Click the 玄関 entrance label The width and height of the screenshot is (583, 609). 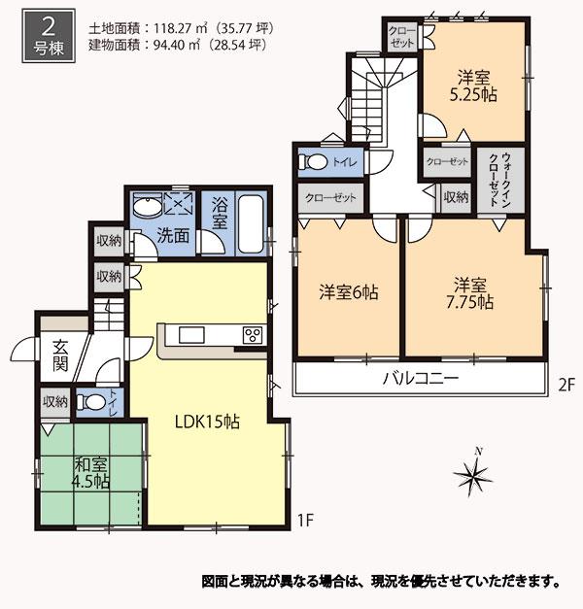pos(60,355)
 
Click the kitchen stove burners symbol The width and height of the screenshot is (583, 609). pos(253,336)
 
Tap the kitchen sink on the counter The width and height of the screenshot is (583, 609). pos(190,336)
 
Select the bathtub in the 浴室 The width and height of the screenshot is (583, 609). pos(250,225)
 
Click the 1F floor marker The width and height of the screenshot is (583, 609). pos(306,521)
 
